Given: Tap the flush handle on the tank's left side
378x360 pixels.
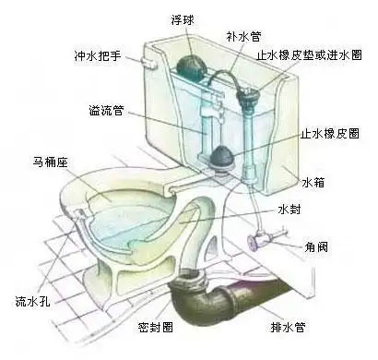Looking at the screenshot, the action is tap(149, 62).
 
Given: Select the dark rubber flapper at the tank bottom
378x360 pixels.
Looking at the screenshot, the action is tap(220, 156).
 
